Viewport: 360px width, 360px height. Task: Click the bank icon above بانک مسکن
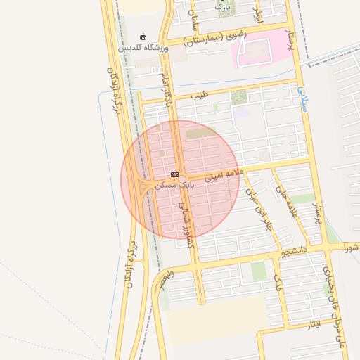click(x=174, y=174)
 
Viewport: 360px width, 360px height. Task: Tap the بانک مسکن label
click(x=176, y=184)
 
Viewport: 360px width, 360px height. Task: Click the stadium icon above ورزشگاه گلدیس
click(x=143, y=37)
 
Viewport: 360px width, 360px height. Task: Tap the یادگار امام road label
click(x=167, y=88)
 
